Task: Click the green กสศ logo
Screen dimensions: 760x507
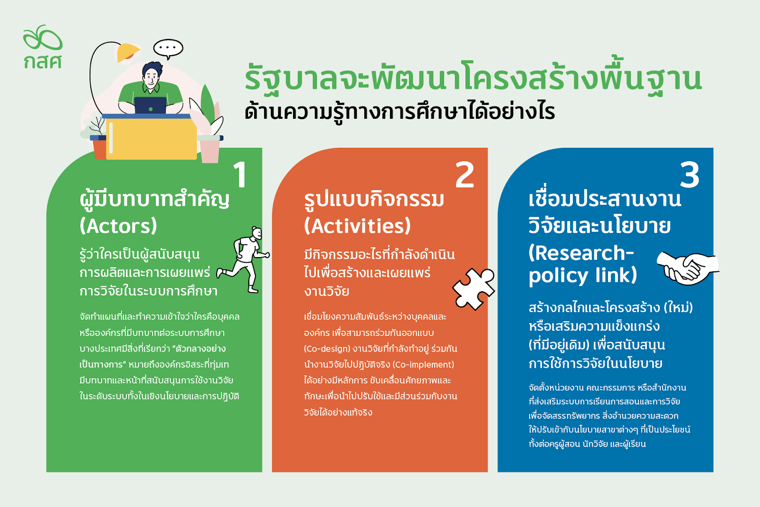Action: click(x=43, y=47)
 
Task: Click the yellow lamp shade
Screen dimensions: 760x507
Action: click(x=127, y=53)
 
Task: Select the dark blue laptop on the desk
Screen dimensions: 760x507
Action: click(x=150, y=105)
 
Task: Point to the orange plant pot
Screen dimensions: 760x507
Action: click(x=99, y=149)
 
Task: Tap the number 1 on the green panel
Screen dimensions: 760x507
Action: click(x=240, y=174)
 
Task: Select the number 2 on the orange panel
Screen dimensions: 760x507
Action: click(x=465, y=174)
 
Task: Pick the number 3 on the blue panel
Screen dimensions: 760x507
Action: click(x=689, y=174)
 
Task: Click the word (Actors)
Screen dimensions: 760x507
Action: click(x=118, y=226)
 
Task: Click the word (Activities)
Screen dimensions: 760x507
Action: click(x=357, y=226)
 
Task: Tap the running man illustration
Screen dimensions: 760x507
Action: click(x=244, y=259)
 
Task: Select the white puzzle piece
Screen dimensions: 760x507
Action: click(x=474, y=289)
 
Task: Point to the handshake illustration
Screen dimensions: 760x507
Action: click(x=688, y=268)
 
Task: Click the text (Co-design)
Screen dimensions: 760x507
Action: click(x=327, y=349)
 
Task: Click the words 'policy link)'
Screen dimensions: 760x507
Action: click(x=582, y=276)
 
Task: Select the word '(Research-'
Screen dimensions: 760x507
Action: click(x=581, y=253)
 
